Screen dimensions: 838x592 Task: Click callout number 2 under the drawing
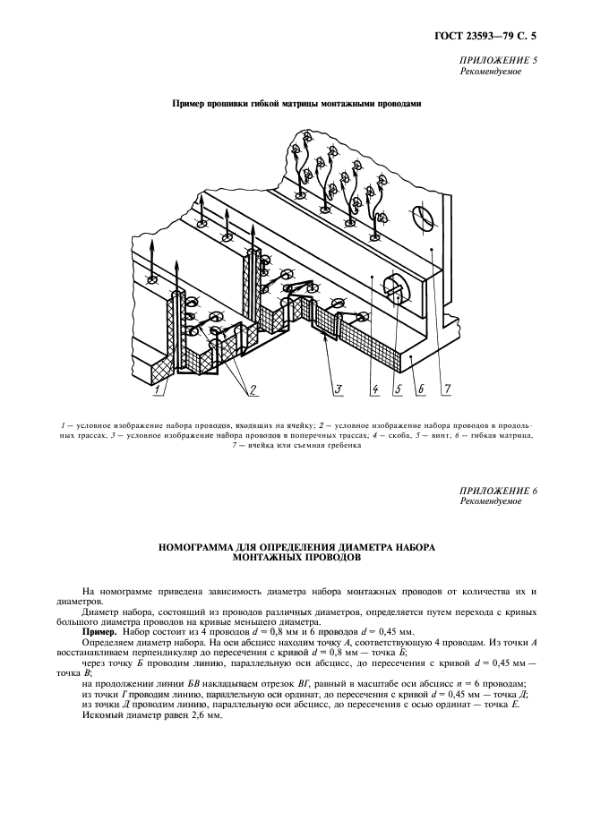[x=253, y=389]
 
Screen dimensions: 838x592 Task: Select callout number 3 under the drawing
[x=339, y=389]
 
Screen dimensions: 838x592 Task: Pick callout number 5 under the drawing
[x=396, y=389]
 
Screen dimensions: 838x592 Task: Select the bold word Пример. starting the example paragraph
[x=99, y=632]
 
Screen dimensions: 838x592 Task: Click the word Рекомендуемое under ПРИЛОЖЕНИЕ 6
[x=490, y=502]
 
